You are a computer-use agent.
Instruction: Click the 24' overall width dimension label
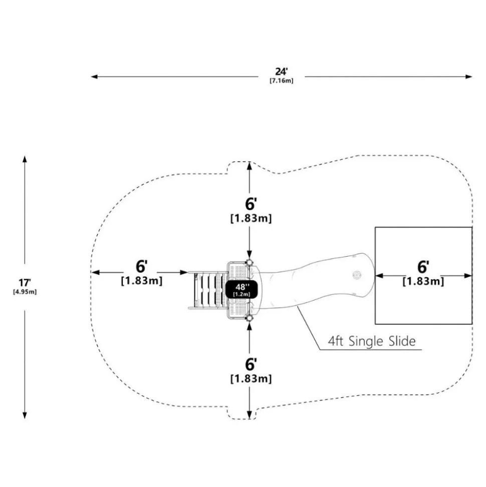[281, 71]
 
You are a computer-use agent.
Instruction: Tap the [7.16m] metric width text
[281, 81]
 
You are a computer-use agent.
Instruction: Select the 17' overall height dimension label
[25, 283]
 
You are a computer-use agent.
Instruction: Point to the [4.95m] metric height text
[25, 292]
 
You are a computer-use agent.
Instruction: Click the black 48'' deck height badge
[241, 289]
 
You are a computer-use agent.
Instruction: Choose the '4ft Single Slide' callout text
[372, 341]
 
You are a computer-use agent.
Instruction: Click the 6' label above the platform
[251, 204]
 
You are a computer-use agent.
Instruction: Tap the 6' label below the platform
[251, 364]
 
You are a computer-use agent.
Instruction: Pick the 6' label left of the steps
[141, 266]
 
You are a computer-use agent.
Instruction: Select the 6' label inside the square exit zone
[423, 267]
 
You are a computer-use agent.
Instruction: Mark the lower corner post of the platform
[249, 317]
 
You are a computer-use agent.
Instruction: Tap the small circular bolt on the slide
[357, 275]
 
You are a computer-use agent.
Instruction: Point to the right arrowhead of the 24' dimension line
[469, 77]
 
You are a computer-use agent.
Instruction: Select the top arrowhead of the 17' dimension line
[25, 159]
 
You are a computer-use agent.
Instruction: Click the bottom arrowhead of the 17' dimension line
[25, 415]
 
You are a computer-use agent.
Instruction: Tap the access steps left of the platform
[207, 290]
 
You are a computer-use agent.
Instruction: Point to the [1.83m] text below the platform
[251, 379]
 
